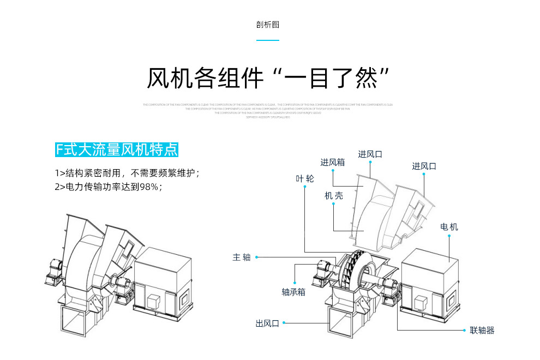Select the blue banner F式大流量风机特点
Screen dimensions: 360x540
click(x=117, y=149)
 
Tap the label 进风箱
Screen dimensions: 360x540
click(x=332, y=162)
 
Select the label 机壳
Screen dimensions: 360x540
click(x=334, y=196)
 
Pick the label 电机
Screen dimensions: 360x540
click(x=449, y=226)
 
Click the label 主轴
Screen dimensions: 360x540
click(x=242, y=257)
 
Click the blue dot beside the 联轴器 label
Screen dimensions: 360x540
click(x=465, y=330)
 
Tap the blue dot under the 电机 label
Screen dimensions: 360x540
click(x=449, y=236)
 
